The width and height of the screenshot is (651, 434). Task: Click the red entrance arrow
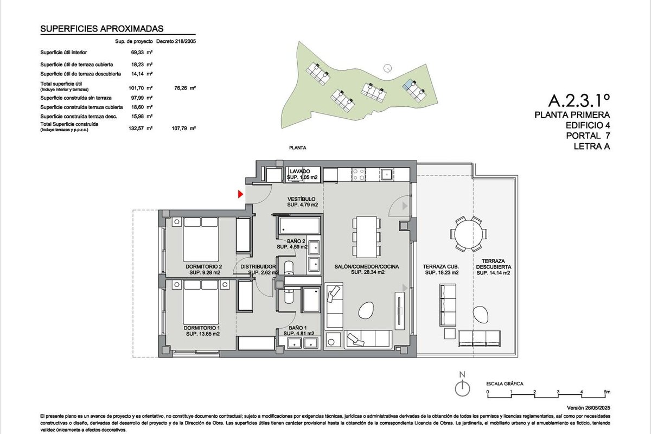coord(240,194)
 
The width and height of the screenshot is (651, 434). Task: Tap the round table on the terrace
coord(469,234)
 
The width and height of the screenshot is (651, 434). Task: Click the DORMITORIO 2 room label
coord(204,266)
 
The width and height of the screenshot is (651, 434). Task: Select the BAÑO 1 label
coord(298,328)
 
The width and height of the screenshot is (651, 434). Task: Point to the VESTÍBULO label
coord(302,199)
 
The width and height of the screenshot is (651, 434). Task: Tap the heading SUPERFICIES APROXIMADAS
coord(102,29)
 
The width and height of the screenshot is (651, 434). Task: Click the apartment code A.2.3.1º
coord(579,100)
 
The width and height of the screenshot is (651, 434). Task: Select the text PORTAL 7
coord(588,136)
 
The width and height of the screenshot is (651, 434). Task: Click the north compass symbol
coord(462,384)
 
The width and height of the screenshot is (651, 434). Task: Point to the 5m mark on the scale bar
coord(607,392)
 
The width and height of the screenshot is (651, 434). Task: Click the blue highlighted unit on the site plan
coord(408,84)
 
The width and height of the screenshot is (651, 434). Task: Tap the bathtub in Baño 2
coord(299,226)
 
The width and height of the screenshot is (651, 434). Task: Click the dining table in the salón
coord(367,237)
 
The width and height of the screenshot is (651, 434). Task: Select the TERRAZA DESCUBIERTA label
coord(493,264)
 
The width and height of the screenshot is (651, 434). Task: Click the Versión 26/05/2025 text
coord(589,407)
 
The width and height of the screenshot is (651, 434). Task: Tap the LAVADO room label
coord(299,171)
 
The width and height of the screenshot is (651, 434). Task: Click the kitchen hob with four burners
coord(359,175)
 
